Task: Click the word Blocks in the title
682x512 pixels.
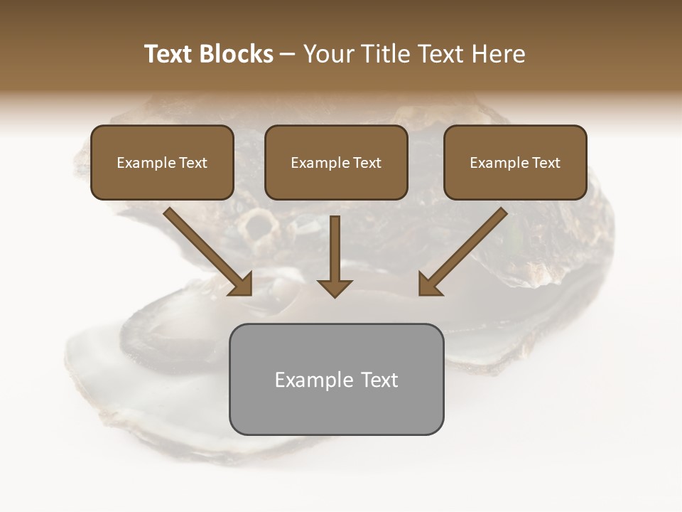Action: [237, 54]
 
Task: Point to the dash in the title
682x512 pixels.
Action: [288, 55]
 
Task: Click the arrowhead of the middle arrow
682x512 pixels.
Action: [335, 287]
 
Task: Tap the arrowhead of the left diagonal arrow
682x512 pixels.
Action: [242, 284]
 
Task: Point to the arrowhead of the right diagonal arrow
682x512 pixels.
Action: [430, 284]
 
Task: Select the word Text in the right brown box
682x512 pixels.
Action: [546, 163]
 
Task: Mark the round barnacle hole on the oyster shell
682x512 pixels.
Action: [259, 226]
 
